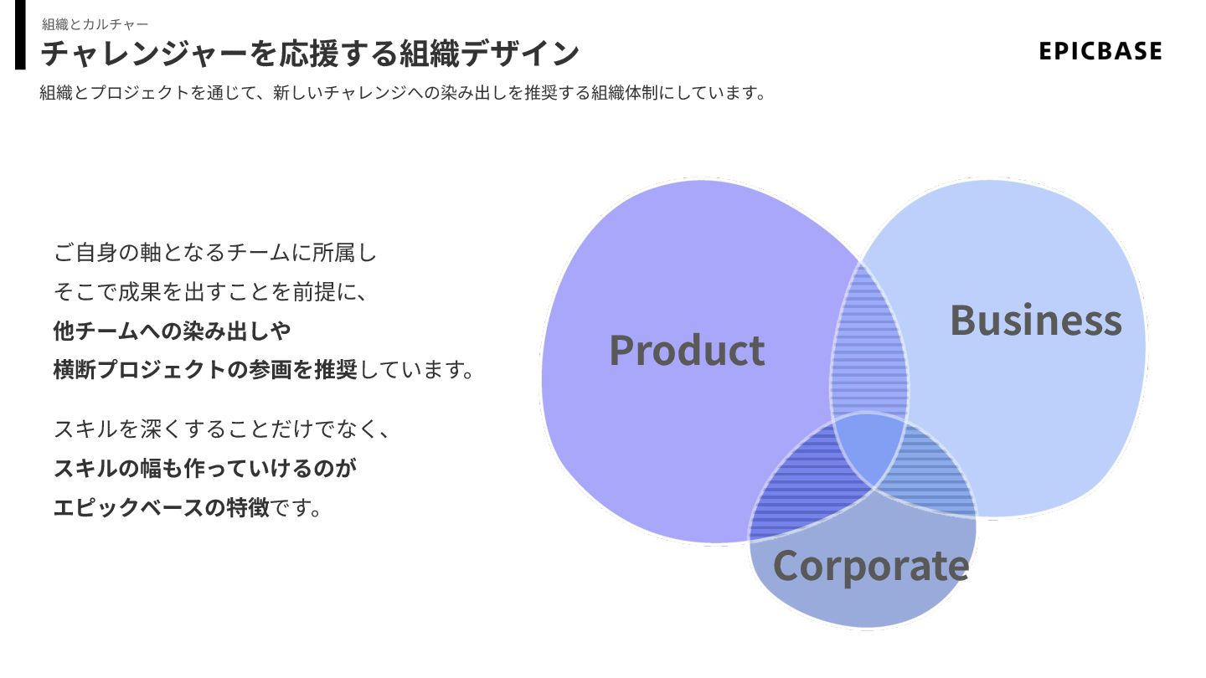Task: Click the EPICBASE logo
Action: coord(1100,51)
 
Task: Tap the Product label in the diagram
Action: coord(687,350)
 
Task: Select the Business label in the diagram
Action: coord(1035,321)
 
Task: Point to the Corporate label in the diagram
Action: coord(870,566)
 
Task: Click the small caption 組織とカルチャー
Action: coord(95,24)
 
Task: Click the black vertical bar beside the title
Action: coord(20,34)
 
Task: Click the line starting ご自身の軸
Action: coord(215,251)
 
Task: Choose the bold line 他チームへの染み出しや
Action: coord(172,331)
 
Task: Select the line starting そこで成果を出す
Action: coord(209,291)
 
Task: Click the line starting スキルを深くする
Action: coord(221,429)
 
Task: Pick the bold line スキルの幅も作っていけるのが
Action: coord(204,469)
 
